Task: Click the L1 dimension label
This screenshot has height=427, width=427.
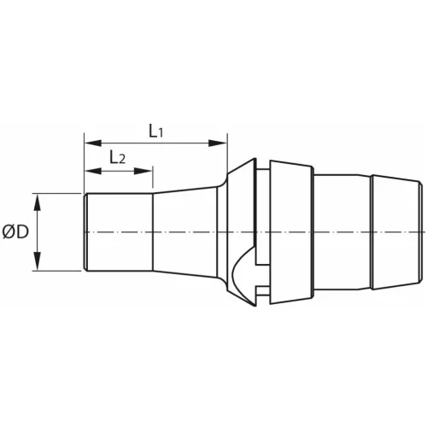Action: pyautogui.click(x=154, y=131)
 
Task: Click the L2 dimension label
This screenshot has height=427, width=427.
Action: pyautogui.click(x=117, y=158)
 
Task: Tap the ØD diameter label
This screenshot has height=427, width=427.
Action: pyautogui.click(x=15, y=232)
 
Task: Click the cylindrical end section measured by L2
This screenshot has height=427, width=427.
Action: pyautogui.click(x=119, y=232)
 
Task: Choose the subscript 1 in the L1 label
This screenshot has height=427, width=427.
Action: pyautogui.click(x=161, y=133)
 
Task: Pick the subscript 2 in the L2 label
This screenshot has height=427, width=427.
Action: pyautogui.click(x=123, y=161)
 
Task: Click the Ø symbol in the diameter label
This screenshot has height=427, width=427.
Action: pyautogui.click(x=9, y=232)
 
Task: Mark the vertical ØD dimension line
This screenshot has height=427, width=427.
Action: pyautogui.click(x=38, y=232)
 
